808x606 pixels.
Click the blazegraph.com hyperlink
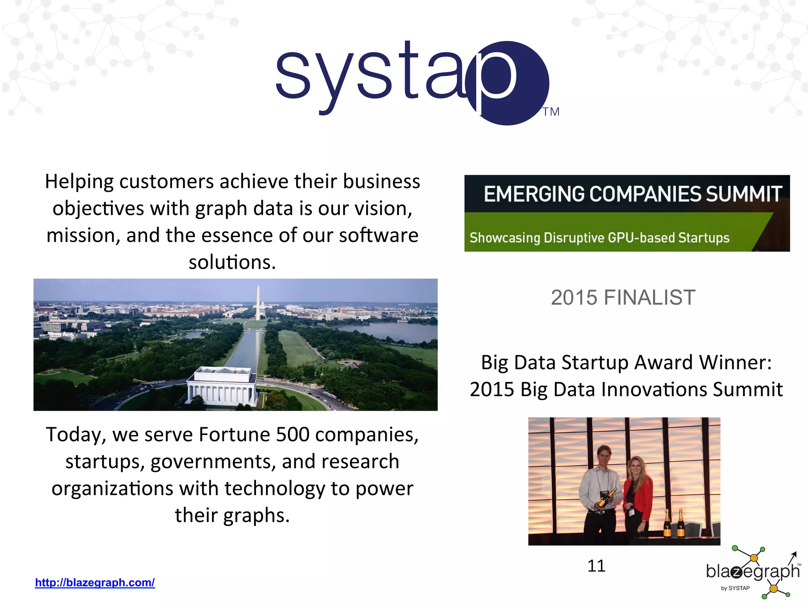[95, 582]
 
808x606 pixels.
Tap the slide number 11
[596, 566]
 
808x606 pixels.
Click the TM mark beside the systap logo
[551, 112]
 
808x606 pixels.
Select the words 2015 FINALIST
[623, 297]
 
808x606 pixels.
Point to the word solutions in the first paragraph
[232, 262]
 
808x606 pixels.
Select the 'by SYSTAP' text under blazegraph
[735, 588]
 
